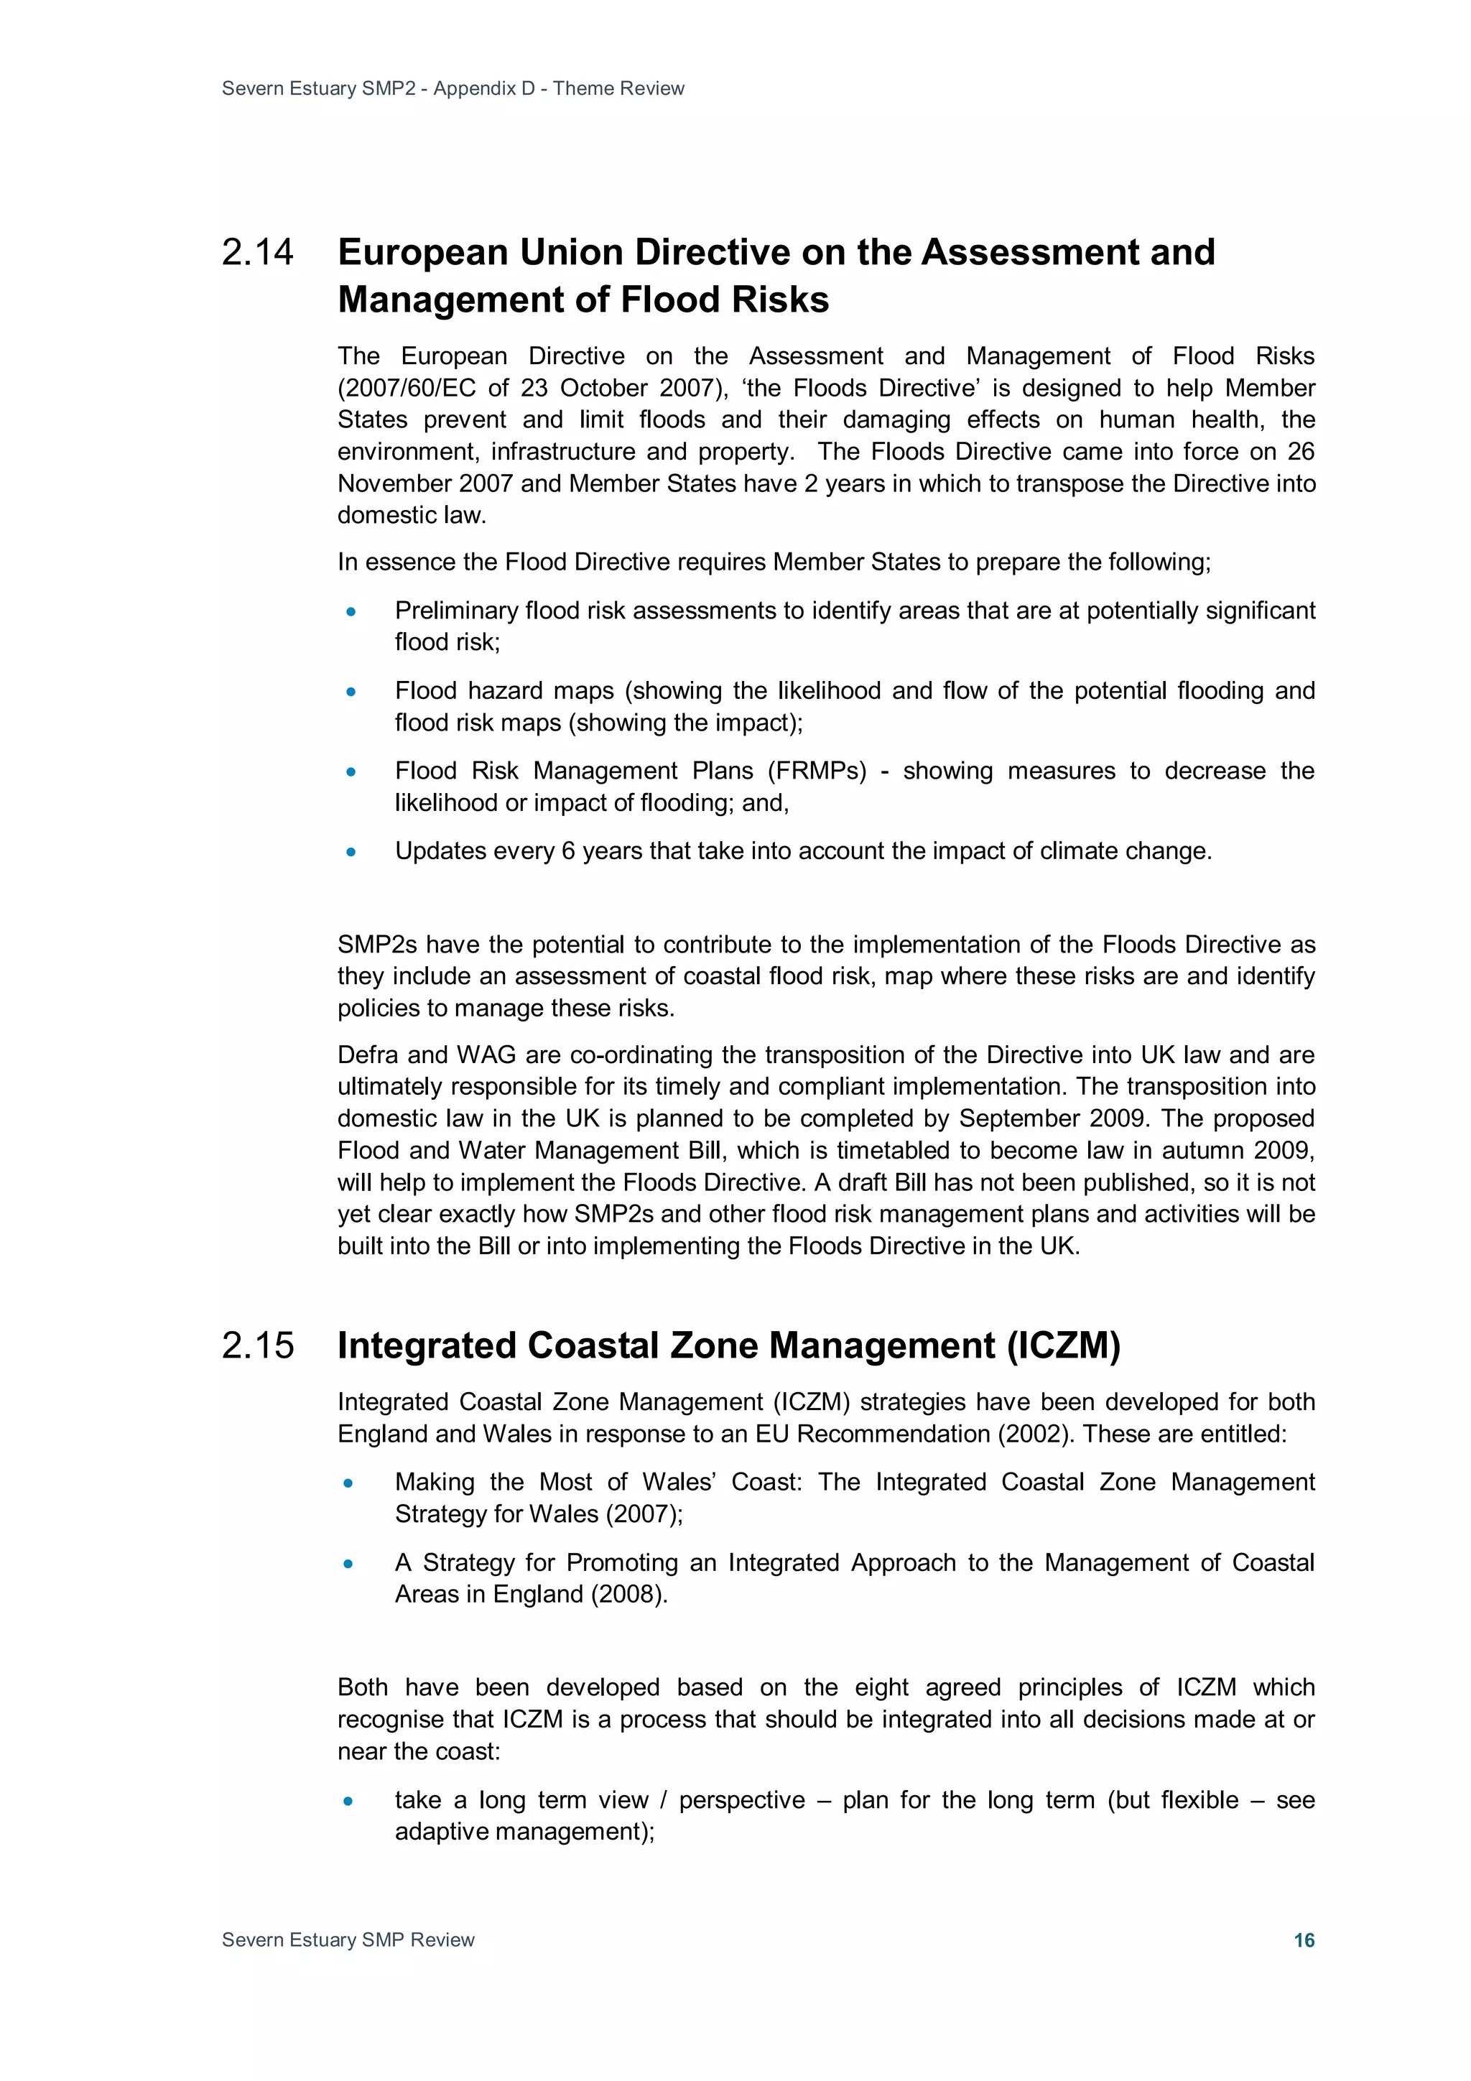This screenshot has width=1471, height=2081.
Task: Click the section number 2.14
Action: point(257,253)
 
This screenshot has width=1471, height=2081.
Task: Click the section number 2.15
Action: point(257,1346)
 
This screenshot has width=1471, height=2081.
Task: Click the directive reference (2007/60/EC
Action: point(407,388)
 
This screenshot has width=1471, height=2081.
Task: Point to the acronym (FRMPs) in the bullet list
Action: point(817,771)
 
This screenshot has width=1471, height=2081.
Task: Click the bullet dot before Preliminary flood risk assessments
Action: point(351,612)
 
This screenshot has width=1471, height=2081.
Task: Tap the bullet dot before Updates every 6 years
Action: point(351,852)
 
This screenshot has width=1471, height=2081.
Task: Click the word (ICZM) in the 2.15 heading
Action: point(1064,1346)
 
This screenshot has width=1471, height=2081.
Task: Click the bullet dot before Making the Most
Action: point(349,1484)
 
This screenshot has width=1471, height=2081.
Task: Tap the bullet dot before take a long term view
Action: point(349,1801)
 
